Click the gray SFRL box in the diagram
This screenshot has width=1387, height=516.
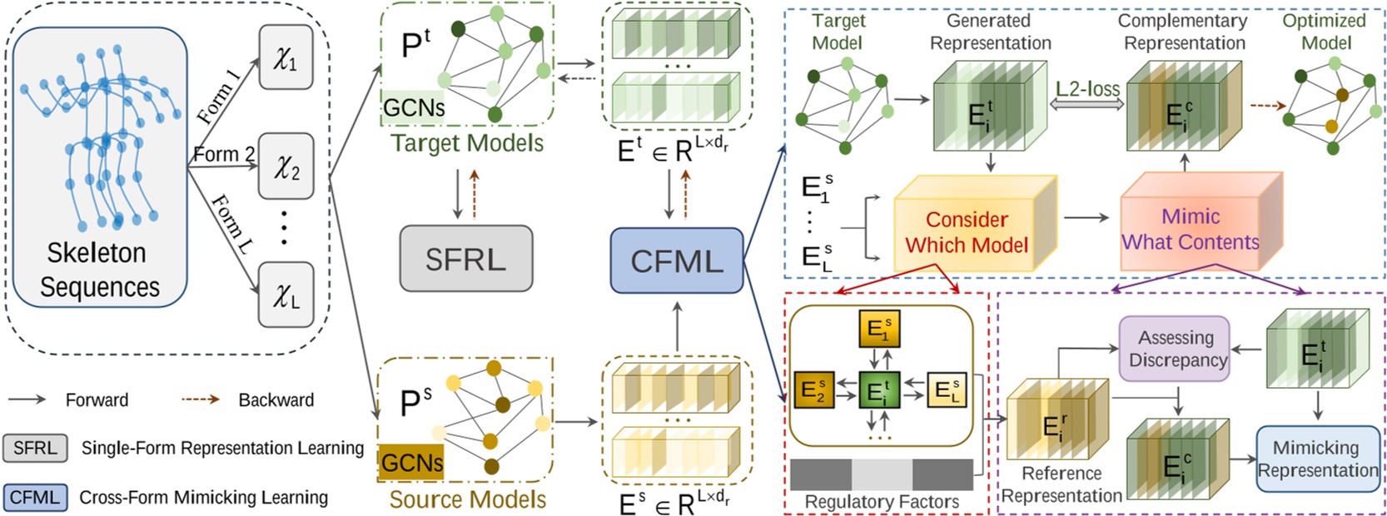point(465,259)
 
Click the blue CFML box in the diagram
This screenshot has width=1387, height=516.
point(676,260)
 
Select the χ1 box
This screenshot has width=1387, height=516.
point(286,57)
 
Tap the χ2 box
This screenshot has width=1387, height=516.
point(286,166)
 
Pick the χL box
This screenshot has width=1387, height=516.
point(286,295)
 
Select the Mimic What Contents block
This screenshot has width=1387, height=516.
point(1190,230)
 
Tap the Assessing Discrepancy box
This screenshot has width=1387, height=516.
point(1176,349)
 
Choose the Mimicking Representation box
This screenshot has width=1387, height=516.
point(1316,459)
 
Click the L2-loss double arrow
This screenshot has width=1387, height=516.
point(1088,103)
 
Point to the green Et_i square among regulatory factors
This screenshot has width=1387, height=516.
point(879,391)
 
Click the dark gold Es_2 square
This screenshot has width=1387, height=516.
point(813,389)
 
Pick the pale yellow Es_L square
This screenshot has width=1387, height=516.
point(947,389)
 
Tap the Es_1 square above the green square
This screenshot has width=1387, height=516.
point(879,330)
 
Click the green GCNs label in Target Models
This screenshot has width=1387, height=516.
point(413,107)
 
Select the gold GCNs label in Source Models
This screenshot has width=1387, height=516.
point(411,463)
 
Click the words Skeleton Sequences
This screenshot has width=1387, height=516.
point(97,270)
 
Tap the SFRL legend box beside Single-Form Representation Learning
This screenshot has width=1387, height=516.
point(35,448)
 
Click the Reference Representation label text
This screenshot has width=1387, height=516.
point(1061,484)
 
